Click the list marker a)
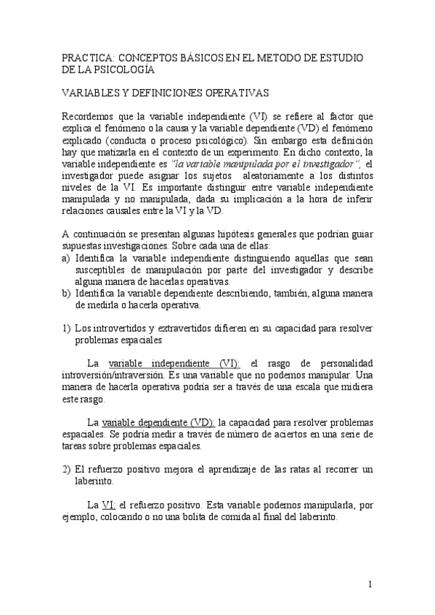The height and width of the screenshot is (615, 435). (x=66, y=258)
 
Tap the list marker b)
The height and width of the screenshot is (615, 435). (x=66, y=293)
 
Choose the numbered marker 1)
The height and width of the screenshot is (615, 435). (x=66, y=327)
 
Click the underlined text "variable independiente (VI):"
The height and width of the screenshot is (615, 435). (x=174, y=363)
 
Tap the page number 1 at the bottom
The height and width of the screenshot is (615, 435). (x=370, y=585)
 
